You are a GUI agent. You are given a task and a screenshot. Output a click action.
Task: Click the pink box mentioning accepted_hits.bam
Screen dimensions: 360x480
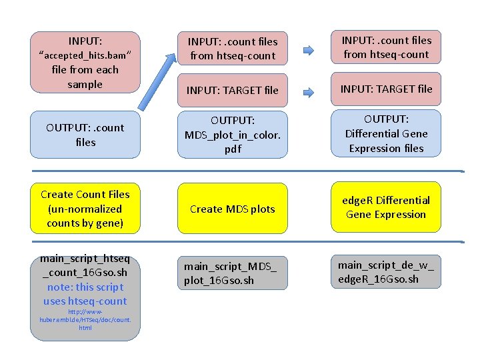[86, 62]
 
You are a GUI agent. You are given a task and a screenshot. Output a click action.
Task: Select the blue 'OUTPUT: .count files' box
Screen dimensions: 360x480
[86, 135]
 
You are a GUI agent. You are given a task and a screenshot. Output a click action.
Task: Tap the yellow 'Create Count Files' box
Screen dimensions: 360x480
[85, 209]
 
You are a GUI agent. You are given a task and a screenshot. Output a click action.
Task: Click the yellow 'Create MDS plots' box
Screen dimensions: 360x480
[232, 209]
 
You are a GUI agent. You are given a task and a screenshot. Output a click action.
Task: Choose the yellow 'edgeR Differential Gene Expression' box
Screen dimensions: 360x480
[386, 207]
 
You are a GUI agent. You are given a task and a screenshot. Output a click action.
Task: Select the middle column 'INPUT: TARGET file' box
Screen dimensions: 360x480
[232, 90]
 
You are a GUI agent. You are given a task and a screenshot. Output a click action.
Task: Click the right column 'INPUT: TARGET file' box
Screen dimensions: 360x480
[386, 89]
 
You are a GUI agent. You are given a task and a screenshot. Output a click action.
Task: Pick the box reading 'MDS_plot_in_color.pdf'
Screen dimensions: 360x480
[232, 135]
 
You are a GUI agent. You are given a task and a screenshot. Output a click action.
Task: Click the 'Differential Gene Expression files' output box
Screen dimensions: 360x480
[386, 133]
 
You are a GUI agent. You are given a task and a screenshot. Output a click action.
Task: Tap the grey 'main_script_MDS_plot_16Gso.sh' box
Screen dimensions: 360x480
[232, 273]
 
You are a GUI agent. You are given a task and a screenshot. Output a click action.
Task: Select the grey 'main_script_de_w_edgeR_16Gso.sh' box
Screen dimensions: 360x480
[386, 271]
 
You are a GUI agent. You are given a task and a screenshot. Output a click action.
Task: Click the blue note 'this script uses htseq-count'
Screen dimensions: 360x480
[85, 294]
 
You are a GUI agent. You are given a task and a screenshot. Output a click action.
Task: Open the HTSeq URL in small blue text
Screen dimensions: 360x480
[85, 319]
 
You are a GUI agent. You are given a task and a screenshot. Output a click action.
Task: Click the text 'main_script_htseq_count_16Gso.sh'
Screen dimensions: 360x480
[85, 265]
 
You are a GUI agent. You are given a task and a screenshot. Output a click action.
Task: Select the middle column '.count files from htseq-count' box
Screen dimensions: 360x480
[232, 49]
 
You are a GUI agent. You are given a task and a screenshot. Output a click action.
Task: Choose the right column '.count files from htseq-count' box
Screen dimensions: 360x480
[386, 47]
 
